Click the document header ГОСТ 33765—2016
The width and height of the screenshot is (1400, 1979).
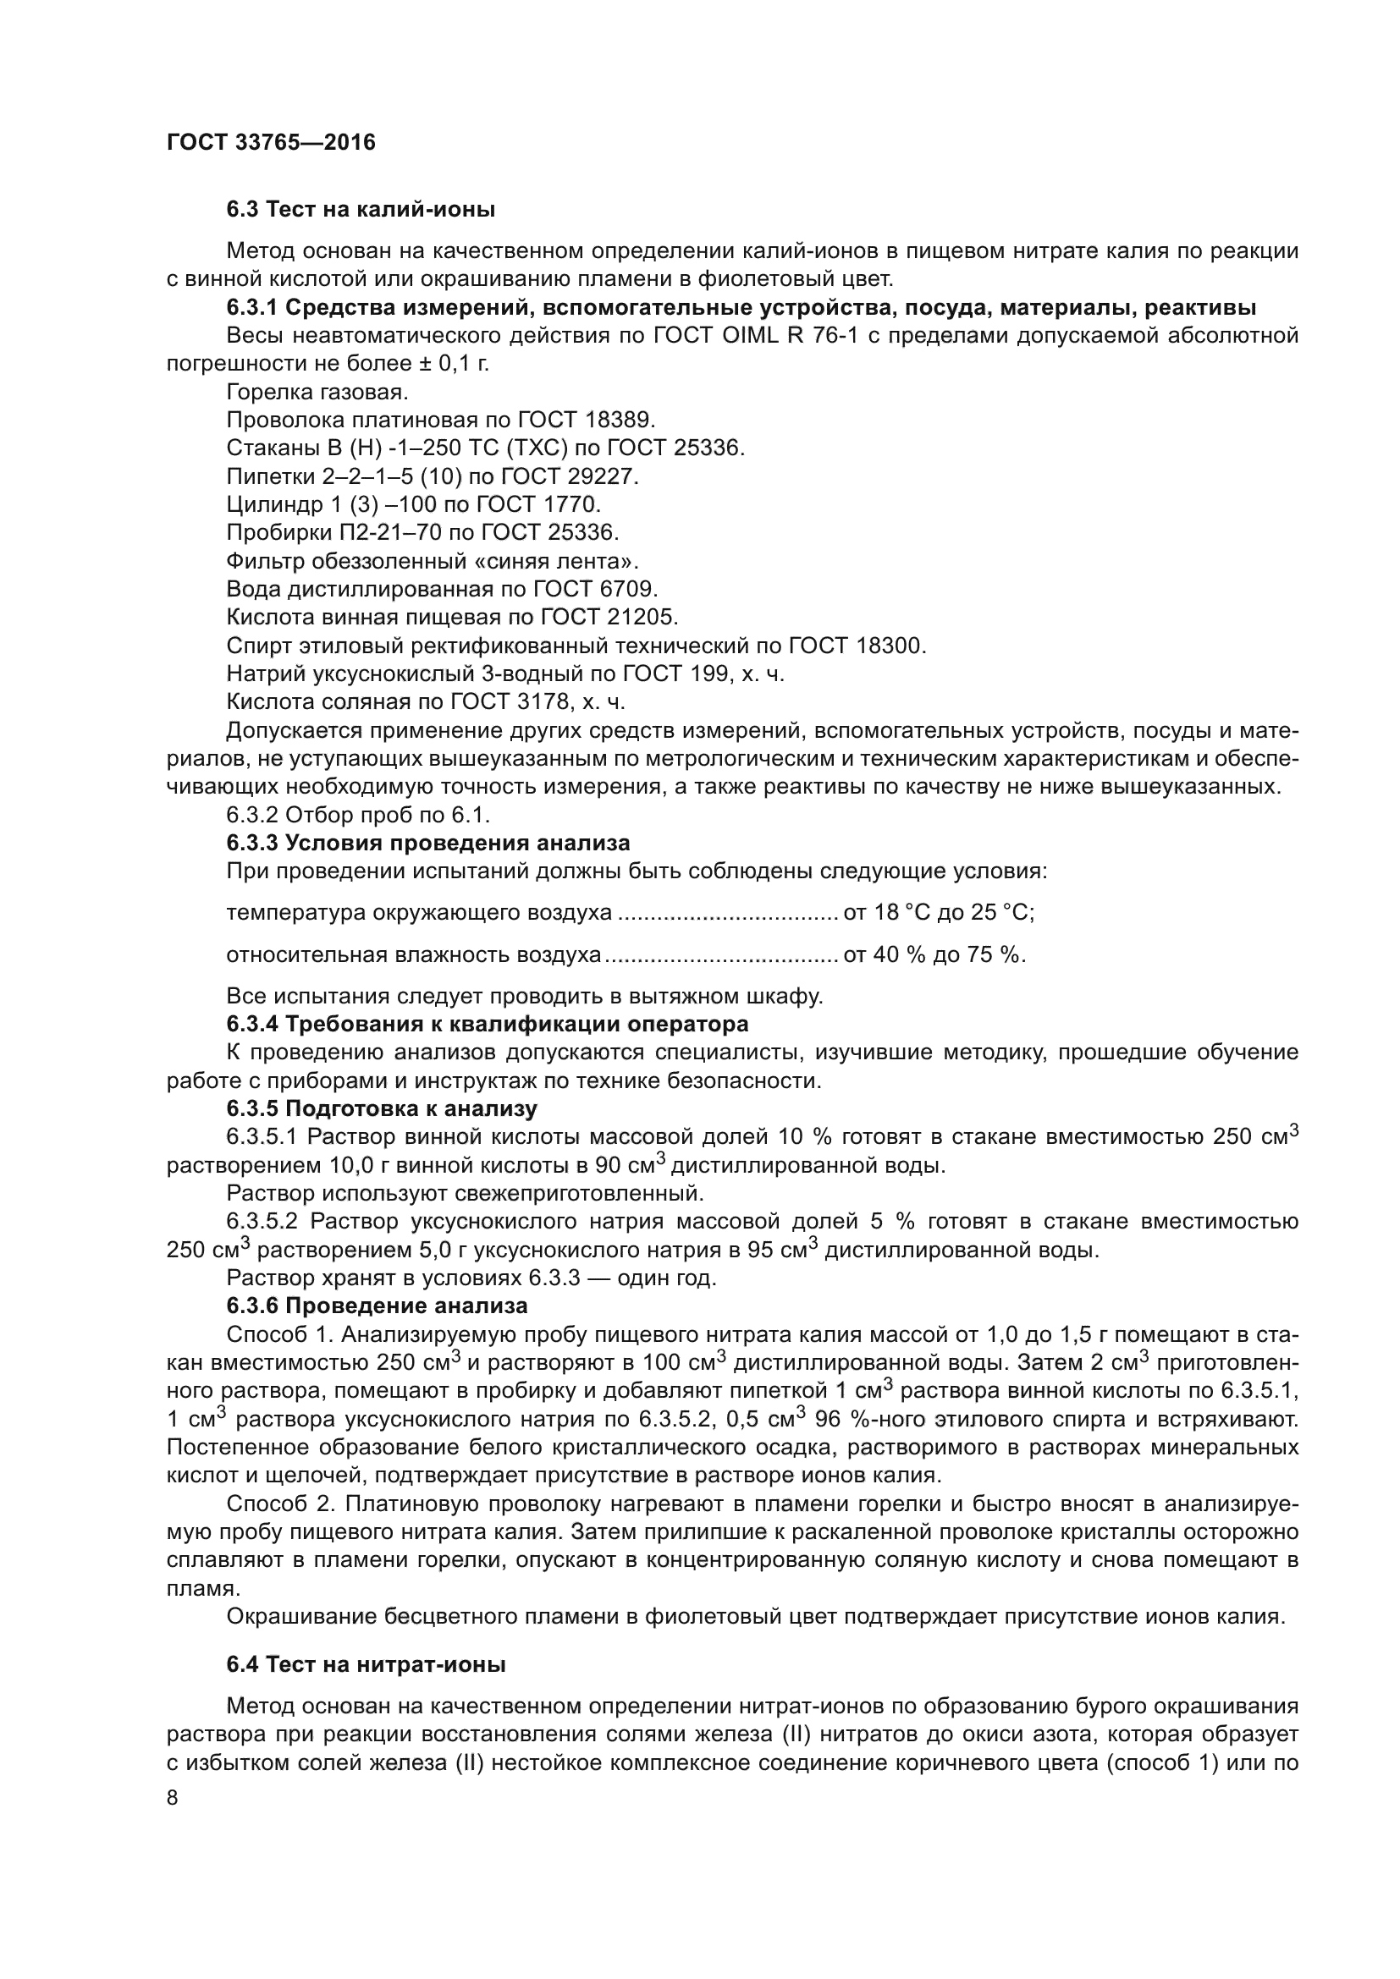click(271, 142)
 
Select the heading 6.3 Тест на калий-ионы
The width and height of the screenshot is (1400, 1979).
click(361, 210)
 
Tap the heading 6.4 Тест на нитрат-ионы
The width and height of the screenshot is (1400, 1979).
click(366, 1664)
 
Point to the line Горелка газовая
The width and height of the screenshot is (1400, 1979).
click(317, 393)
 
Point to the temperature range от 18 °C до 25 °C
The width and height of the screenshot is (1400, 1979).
click(939, 912)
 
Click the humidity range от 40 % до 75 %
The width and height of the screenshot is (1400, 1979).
click(934, 954)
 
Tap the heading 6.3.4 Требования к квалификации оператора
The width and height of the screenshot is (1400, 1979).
click(487, 1024)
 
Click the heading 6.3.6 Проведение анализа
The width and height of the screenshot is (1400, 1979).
click(377, 1305)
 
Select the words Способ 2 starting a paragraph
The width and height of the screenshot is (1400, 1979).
click(279, 1503)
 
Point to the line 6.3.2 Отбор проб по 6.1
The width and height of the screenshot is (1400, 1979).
click(358, 815)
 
